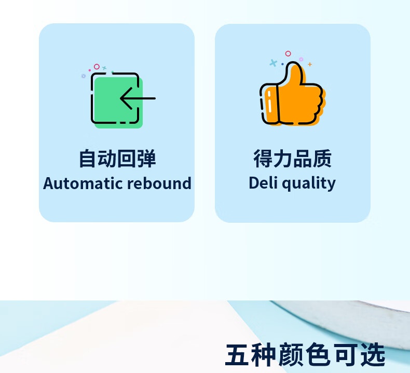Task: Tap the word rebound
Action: coord(159,183)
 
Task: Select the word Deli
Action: coord(263,182)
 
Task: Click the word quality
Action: coord(309,183)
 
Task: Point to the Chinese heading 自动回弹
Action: coord(117,159)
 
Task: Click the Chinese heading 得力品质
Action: coord(292,159)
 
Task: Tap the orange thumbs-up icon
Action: coord(293,93)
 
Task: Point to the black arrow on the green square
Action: coord(138,98)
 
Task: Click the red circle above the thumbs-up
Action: coord(288,53)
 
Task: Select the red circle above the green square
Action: coord(97,66)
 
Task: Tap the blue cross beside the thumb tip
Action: coord(273,63)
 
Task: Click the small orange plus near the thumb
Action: coord(310,64)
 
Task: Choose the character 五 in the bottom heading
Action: coord(237,355)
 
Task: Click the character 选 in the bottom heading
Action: coord(373,355)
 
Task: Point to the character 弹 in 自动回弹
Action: coord(146,159)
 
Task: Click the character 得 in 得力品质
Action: coord(263,159)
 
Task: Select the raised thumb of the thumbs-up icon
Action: coord(294,74)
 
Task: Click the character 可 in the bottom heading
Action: coord(345,355)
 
